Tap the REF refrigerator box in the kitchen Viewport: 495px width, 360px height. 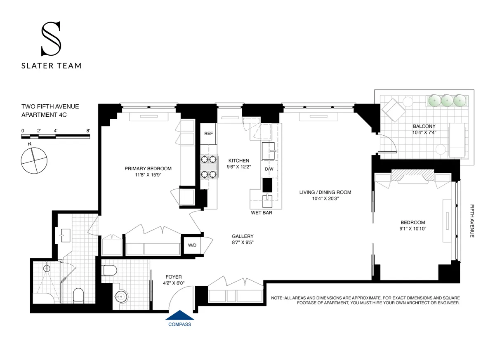208,134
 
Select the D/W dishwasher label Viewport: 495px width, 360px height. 269,169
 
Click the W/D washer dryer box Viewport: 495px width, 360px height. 192,245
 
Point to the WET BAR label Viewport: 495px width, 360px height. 262,213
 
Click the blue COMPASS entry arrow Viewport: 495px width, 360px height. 180,316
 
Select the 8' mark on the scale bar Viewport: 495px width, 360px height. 88,130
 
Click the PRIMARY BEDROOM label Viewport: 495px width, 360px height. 148,169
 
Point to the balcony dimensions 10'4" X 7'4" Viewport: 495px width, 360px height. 424,133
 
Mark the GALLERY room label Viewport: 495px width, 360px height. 243,236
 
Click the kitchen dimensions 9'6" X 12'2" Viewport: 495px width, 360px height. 239,167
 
